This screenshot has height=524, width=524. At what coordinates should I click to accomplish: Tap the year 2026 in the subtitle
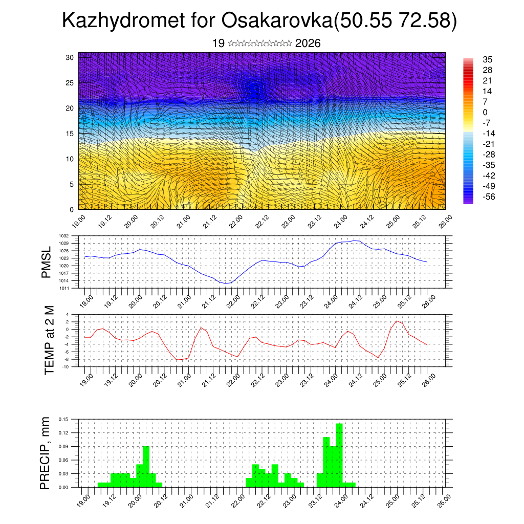308,43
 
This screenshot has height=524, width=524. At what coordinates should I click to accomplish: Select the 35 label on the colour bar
487,60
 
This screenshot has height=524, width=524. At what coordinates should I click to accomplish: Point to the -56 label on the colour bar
489,196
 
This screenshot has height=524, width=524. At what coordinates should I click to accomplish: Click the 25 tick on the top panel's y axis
70,83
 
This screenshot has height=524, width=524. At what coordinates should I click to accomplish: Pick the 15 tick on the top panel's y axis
70,134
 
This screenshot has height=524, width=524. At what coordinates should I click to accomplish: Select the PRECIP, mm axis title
46,453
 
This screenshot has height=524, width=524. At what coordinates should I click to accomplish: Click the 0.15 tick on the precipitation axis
63,419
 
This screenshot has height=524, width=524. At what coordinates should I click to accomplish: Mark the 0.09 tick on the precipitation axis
63,447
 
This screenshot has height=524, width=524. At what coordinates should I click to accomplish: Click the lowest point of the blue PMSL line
226,283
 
